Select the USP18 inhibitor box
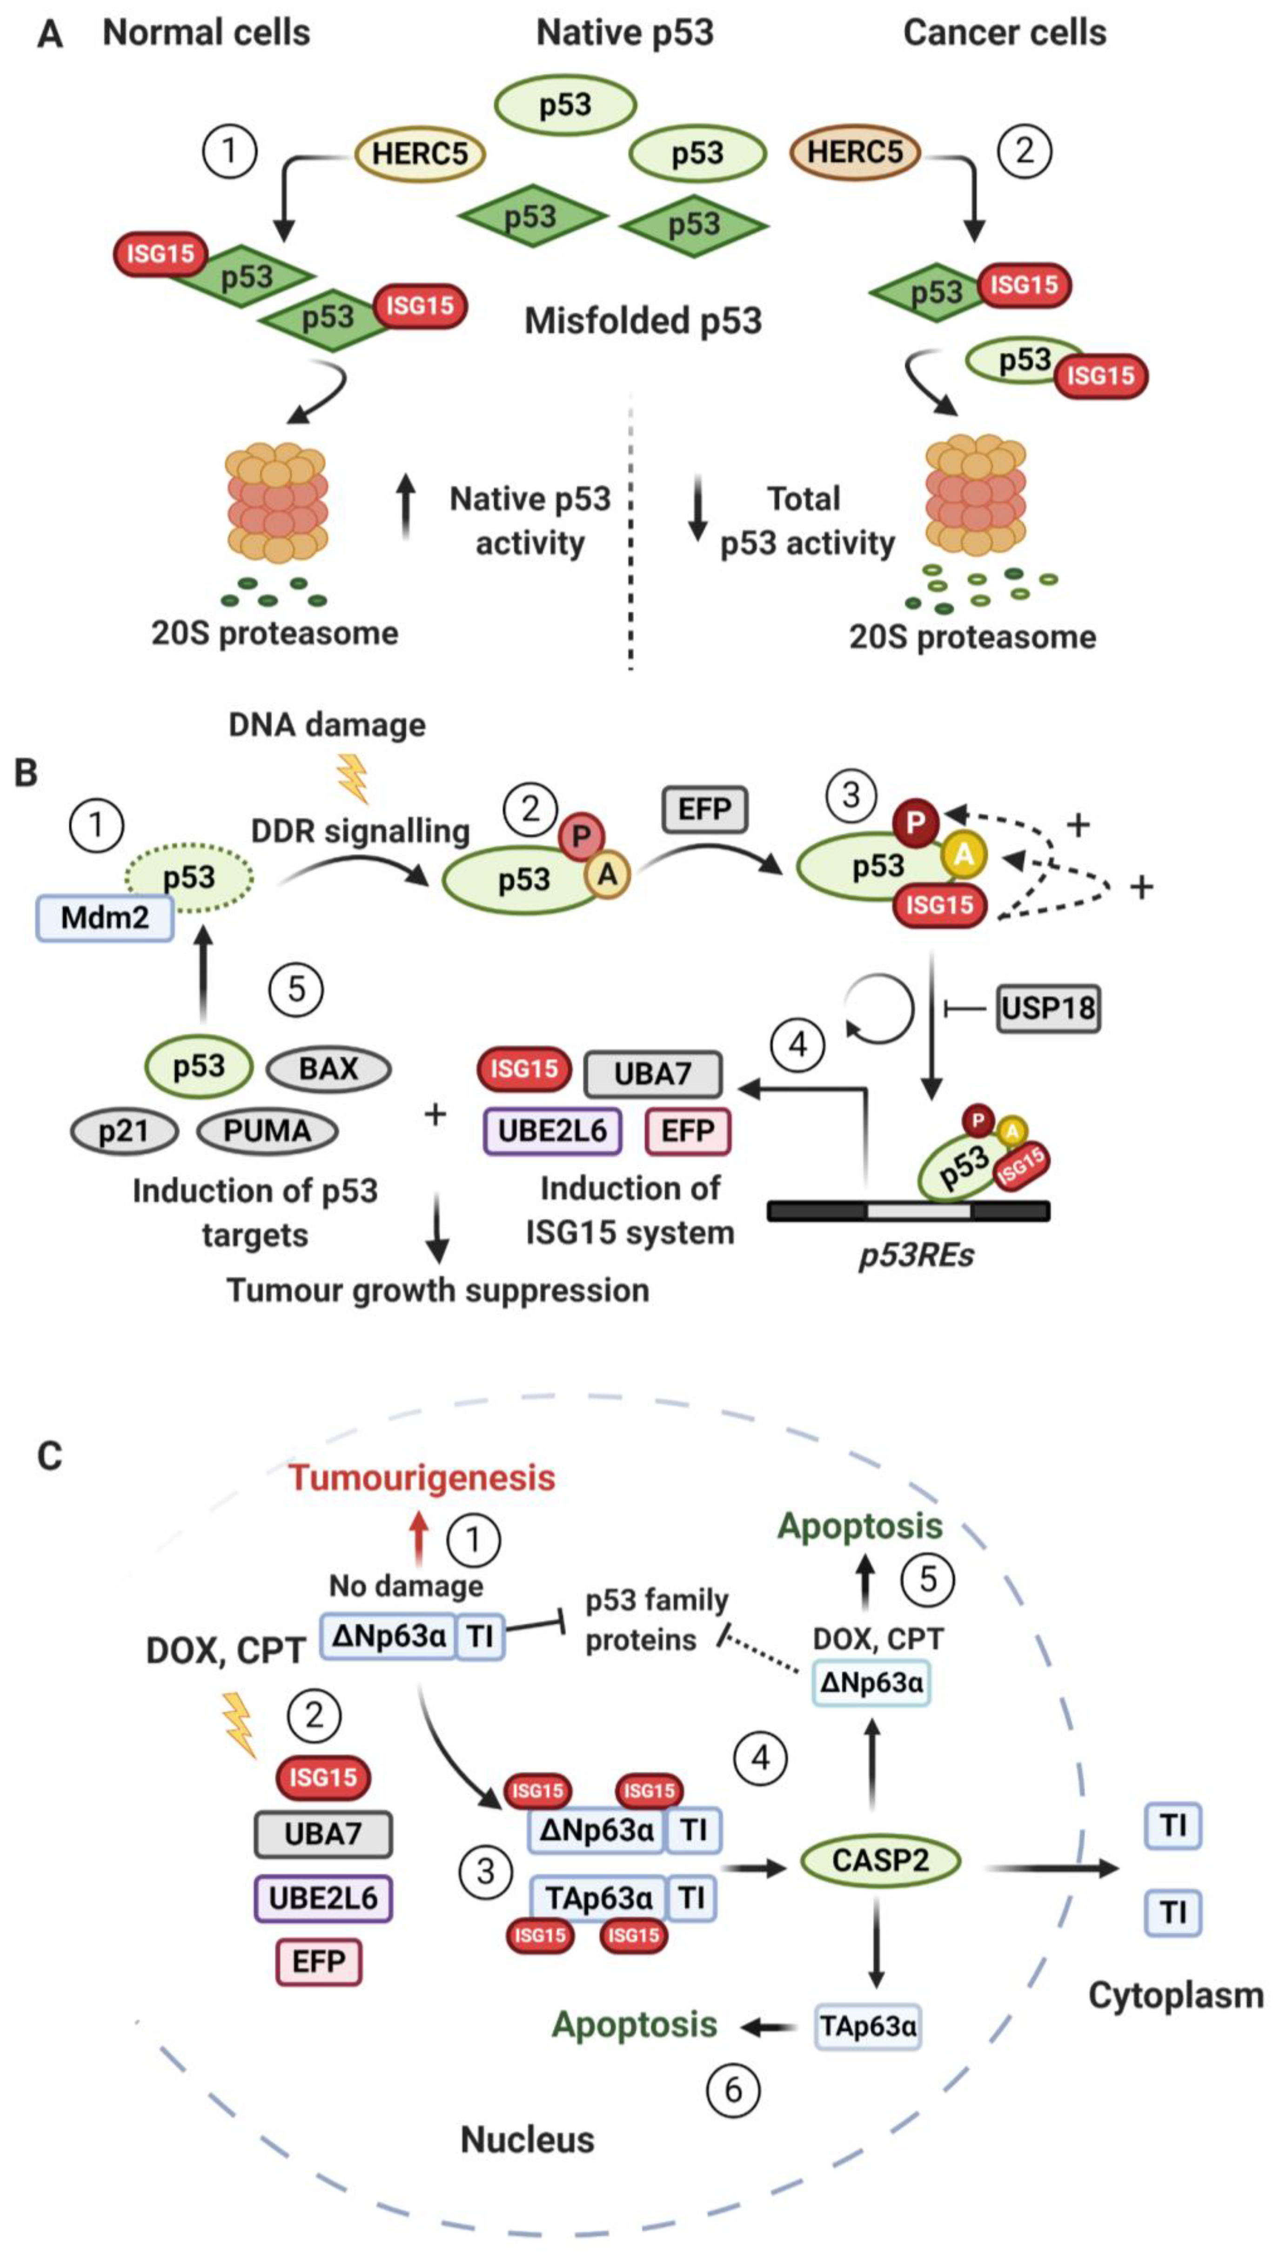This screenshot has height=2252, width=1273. (1048, 1009)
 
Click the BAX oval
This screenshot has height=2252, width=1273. (328, 1068)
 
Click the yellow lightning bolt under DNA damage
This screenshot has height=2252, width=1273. (353, 779)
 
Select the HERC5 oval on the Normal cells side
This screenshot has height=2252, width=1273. (420, 154)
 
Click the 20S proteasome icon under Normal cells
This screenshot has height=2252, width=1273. (276, 503)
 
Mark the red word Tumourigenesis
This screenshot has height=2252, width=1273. (422, 1477)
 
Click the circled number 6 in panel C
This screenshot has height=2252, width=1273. (733, 2090)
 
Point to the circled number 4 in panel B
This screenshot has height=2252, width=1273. (797, 1044)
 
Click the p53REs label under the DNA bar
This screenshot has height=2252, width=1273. (915, 1256)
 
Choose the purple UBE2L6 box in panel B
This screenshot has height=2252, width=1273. (553, 1130)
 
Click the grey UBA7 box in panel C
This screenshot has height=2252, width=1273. (322, 1833)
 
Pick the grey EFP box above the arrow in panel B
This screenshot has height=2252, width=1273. (705, 809)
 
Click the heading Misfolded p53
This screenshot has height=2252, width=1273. (643, 321)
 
